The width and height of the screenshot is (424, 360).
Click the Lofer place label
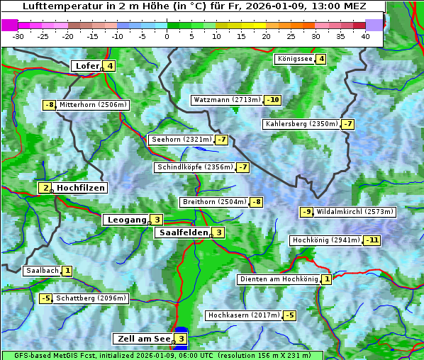(87, 67)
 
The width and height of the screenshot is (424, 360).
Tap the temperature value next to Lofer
(110, 67)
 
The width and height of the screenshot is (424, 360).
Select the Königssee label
(295, 59)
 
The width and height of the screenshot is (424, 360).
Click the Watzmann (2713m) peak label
(227, 100)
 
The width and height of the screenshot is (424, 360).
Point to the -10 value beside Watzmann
(273, 100)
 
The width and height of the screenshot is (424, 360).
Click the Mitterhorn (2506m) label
(94, 105)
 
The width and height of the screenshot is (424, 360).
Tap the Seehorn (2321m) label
(182, 140)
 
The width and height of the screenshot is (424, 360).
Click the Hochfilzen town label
(81, 188)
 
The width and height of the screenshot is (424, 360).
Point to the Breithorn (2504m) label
(213, 202)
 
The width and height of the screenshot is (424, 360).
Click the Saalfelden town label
(183, 232)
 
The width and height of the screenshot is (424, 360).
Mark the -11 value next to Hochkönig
(372, 240)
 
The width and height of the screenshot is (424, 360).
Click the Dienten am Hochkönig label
(279, 279)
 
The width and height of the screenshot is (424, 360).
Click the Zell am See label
(143, 339)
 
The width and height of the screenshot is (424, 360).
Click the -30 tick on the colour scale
(18, 36)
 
